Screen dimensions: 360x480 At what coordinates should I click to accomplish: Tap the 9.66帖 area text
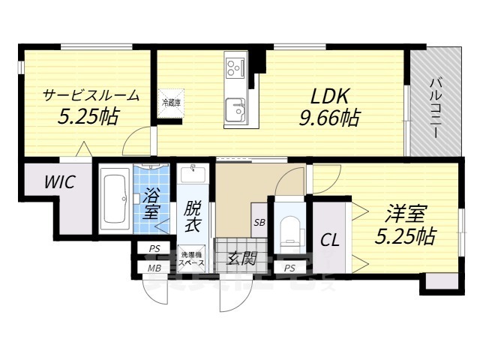[x=328, y=117]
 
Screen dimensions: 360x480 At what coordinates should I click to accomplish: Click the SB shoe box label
[x=259, y=222]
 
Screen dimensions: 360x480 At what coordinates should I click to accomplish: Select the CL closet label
[x=329, y=241]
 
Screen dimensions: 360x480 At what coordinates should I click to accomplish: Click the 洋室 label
[x=406, y=213]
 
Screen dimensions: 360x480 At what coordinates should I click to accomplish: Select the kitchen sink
[x=237, y=110]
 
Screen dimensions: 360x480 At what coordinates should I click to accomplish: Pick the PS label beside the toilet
[x=289, y=268]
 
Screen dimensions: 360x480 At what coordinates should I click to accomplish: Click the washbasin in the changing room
[x=193, y=173]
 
